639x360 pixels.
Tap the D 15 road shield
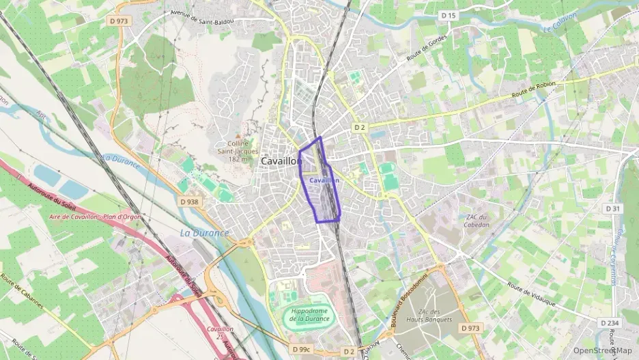448,15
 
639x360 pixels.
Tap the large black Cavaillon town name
281,161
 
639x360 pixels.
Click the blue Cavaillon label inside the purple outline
324,180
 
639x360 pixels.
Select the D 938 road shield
190,202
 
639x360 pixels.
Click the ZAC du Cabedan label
477,221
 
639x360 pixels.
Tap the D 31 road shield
612,208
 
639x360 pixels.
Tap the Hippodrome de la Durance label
309,315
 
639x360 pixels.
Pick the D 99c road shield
301,350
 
